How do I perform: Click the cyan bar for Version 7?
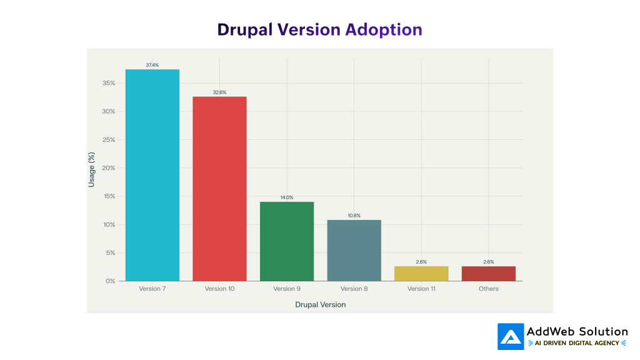click(x=152, y=175)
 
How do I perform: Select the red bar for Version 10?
click(x=219, y=189)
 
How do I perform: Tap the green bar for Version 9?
click(x=287, y=241)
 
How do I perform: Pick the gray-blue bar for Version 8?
click(x=354, y=250)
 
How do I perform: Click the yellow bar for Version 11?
click(x=421, y=274)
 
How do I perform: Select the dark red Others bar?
click(x=489, y=274)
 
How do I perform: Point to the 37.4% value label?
click(x=152, y=65)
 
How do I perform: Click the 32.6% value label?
click(x=219, y=92)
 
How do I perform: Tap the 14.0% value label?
click(x=287, y=197)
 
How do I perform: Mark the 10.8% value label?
click(x=354, y=216)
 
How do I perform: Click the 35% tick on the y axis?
click(x=108, y=83)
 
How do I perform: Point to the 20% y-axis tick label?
click(x=108, y=168)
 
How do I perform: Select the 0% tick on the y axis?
click(x=110, y=281)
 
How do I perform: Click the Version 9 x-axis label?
click(x=287, y=289)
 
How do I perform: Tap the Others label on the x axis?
click(x=489, y=289)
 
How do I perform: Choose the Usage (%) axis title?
click(x=92, y=169)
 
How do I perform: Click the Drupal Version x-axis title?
click(x=320, y=305)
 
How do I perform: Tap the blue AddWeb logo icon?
click(x=511, y=336)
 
